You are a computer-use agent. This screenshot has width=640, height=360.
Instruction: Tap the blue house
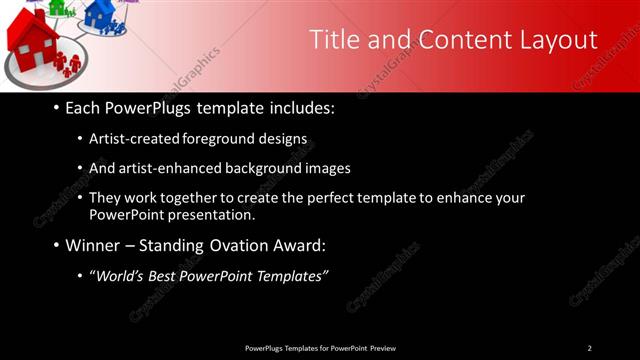100,13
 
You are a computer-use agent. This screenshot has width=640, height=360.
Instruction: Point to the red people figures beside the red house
68,64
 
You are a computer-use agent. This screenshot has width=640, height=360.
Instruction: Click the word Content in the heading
455,40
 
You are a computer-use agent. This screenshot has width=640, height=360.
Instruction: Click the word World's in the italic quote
120,276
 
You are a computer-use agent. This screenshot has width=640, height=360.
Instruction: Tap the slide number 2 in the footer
589,348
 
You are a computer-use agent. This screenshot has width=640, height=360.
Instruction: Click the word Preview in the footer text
383,348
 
